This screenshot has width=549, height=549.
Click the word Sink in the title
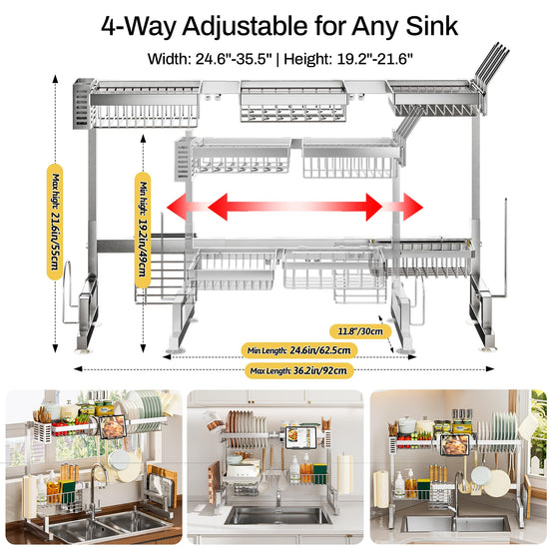tap(431, 26)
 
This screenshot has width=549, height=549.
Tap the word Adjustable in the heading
tap(245, 27)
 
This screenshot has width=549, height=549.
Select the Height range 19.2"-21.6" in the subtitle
tap(374, 59)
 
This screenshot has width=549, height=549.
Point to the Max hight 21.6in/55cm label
tap(55, 222)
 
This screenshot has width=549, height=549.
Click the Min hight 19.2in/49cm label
tap(143, 230)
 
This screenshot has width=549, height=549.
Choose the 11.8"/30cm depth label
tap(360, 331)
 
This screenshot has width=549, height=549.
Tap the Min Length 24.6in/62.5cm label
tap(299, 350)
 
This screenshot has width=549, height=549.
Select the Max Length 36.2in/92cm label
tap(298, 370)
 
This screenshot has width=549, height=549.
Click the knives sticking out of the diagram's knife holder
tap(491, 63)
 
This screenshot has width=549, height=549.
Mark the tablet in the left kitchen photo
tap(113, 427)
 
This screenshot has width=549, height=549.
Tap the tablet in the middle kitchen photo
tap(300, 437)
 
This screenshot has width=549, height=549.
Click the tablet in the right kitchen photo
tap(454, 444)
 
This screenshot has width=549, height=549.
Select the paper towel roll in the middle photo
tap(345, 473)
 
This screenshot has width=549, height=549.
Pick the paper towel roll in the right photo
tap(381, 489)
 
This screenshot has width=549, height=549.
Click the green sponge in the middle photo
tap(320, 474)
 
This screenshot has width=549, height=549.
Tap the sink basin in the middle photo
tap(277, 516)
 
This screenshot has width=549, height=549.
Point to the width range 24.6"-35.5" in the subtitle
tap(234, 59)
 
